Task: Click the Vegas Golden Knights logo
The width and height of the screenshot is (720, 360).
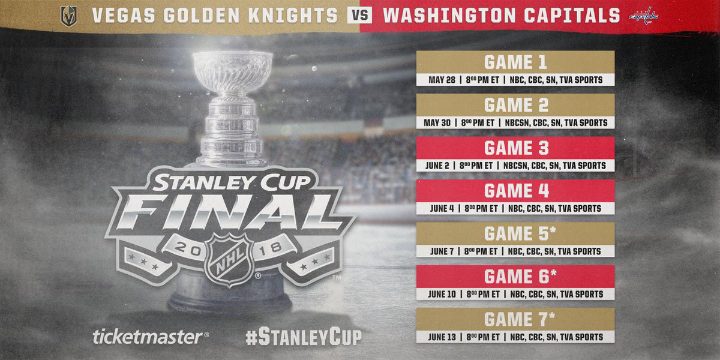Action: [69, 16]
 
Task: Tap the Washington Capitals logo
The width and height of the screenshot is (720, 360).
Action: [643, 16]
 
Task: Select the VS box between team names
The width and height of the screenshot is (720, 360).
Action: [359, 16]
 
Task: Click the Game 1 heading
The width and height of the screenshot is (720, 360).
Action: [515, 62]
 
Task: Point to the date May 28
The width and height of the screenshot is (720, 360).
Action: [442, 80]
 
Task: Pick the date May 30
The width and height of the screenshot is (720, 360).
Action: [437, 122]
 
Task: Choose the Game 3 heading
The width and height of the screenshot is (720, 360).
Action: [516, 148]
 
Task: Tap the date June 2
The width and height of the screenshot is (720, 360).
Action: [437, 166]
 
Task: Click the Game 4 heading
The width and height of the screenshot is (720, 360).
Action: [517, 191]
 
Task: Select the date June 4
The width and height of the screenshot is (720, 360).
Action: [442, 208]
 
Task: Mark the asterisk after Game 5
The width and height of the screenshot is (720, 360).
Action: [553, 230]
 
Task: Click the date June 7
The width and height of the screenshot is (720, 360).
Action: [442, 251]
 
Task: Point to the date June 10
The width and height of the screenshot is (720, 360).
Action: [442, 294]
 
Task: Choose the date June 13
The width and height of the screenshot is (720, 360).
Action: [442, 337]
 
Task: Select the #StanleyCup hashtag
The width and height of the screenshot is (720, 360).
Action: [304, 337]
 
